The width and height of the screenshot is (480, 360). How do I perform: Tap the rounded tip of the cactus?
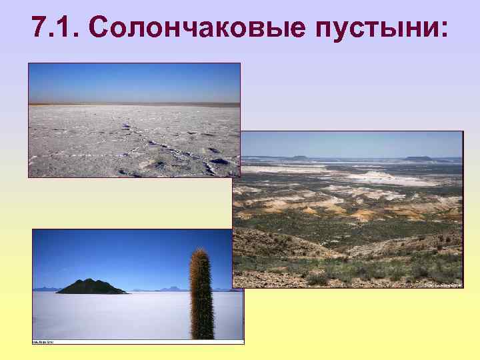click(199, 251)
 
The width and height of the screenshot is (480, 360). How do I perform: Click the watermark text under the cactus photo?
click(44, 342)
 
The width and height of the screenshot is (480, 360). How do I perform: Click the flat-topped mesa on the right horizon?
click(419, 159)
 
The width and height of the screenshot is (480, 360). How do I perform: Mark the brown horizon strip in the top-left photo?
click(133, 104)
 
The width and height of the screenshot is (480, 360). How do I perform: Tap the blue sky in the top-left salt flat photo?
click(133, 80)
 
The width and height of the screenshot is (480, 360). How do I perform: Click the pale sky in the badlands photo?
click(347, 143)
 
